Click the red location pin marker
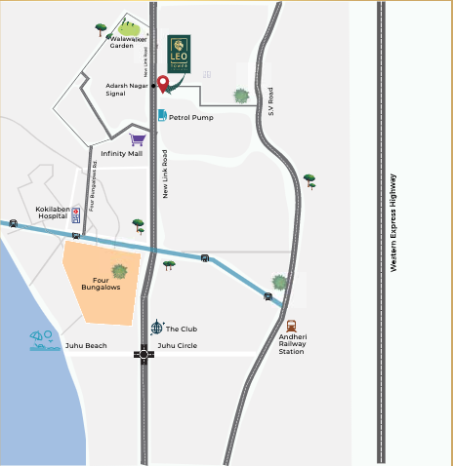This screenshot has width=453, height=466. [x=163, y=83]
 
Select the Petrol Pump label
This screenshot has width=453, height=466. [x=191, y=116]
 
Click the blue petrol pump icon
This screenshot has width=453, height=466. [x=162, y=115]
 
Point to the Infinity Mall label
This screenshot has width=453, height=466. [x=121, y=153]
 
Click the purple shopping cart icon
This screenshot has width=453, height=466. [x=137, y=140]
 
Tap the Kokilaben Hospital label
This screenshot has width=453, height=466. [x=57, y=214]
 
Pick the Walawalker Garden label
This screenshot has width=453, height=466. [x=122, y=42]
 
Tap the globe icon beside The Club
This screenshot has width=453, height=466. [x=156, y=328]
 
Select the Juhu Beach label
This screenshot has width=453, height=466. [x=86, y=346]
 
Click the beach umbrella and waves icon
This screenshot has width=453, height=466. [x=42, y=339]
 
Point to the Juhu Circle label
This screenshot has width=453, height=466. [x=178, y=345]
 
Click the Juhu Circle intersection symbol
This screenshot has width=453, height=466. [x=145, y=356]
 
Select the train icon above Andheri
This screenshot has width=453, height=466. [x=291, y=327]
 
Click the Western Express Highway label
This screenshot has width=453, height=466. [x=393, y=222]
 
